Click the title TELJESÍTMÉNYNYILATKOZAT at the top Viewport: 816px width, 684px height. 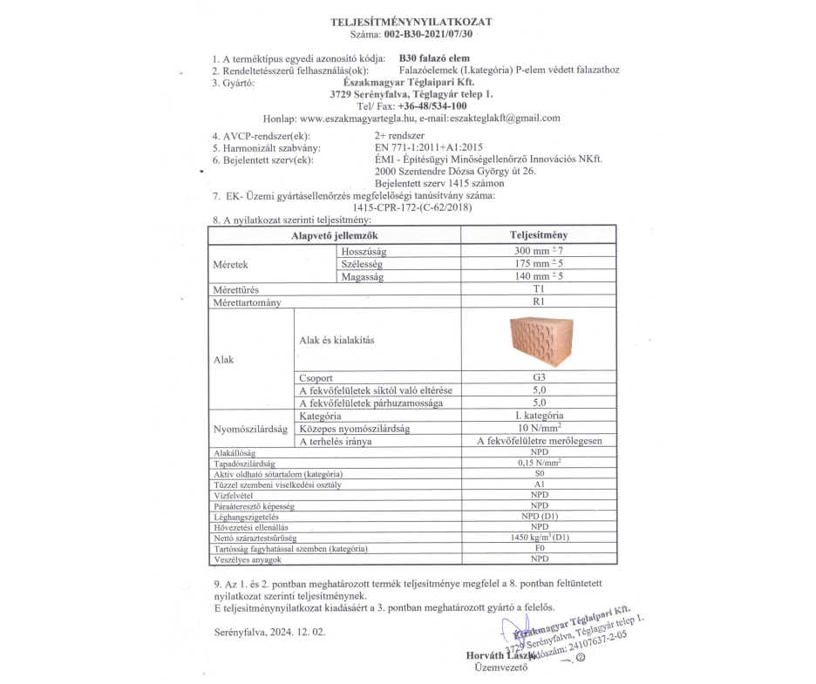coord(411,20)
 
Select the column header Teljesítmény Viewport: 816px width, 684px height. coord(539,236)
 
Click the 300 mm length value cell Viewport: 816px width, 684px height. coord(539,251)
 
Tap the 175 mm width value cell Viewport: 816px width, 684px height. coord(539,264)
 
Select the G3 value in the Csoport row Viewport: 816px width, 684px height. coord(539,378)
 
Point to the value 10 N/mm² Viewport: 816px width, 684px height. coord(539,429)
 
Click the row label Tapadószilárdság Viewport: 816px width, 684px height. coord(244,464)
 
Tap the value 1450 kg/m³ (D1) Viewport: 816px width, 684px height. coord(539,538)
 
